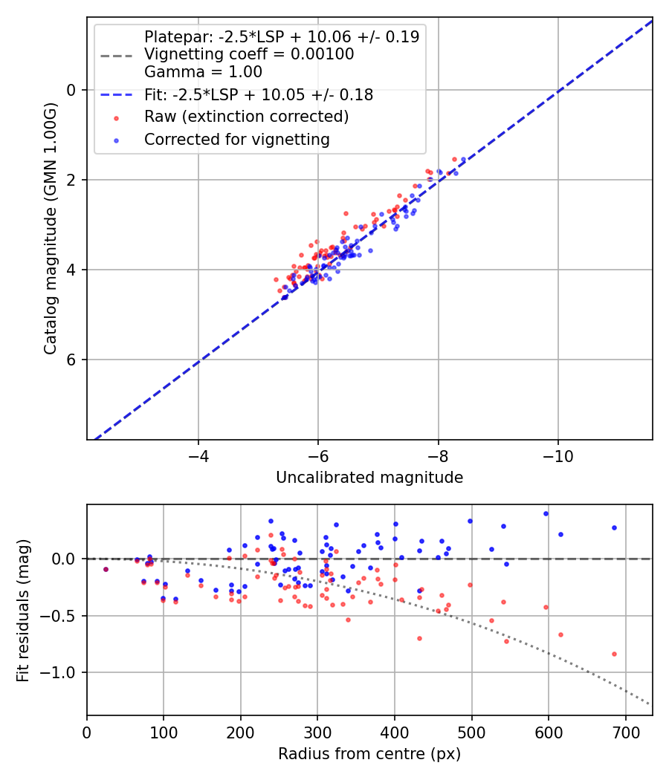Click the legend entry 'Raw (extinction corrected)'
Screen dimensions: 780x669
coord(246,117)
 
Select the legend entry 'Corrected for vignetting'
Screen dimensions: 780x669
coord(237,139)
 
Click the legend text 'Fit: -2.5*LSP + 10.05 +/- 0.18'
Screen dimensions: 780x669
coord(259,95)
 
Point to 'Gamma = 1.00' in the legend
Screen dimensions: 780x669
coord(203,72)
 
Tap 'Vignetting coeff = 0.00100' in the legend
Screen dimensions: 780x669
coord(249,54)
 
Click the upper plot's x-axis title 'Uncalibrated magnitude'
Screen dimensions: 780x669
coord(369,478)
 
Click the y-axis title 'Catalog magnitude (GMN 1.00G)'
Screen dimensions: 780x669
coord(51,229)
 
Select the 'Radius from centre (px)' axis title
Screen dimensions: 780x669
coord(369,754)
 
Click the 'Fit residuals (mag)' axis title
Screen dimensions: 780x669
coord(22,610)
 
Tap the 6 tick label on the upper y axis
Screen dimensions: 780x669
coord(71,360)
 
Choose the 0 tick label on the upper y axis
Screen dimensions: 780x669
coord(71,90)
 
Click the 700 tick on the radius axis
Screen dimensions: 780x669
coord(625,732)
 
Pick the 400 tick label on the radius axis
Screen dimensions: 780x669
coord(395,732)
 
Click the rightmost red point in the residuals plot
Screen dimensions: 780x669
coord(614,654)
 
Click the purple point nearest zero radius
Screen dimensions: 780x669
coord(106,569)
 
